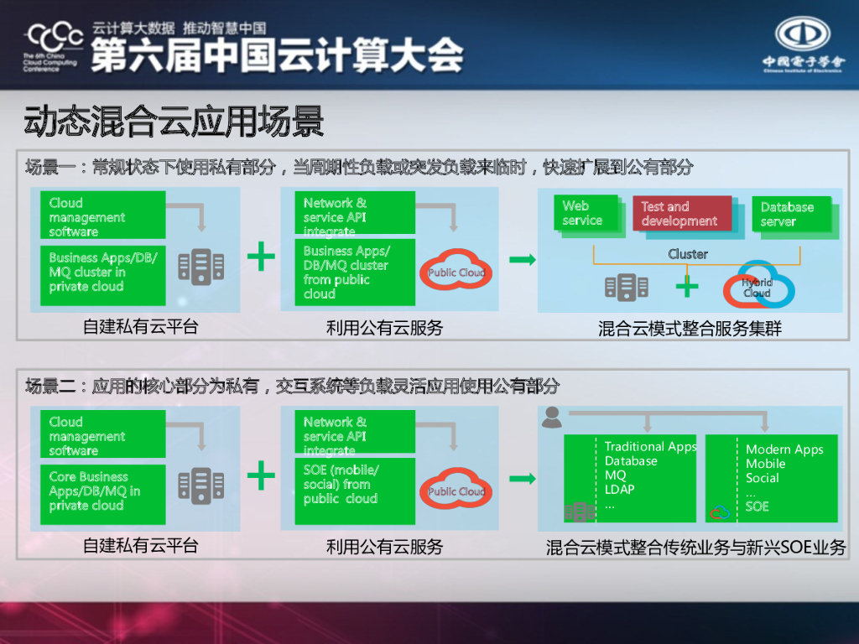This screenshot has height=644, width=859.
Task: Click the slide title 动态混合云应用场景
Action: click(x=174, y=122)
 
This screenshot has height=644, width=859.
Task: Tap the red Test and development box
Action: click(x=682, y=214)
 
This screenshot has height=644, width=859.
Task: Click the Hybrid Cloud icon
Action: click(x=758, y=286)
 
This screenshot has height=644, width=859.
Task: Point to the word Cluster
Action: click(x=688, y=253)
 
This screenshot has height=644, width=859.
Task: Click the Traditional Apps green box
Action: click(x=630, y=478)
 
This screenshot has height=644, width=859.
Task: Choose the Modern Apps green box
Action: click(x=772, y=478)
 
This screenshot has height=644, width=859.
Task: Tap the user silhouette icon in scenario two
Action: click(x=551, y=417)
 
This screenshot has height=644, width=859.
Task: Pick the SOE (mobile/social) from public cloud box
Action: click(x=356, y=490)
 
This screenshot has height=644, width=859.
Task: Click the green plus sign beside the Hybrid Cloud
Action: click(x=687, y=287)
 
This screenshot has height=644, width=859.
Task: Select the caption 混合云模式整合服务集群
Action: click(x=690, y=329)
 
